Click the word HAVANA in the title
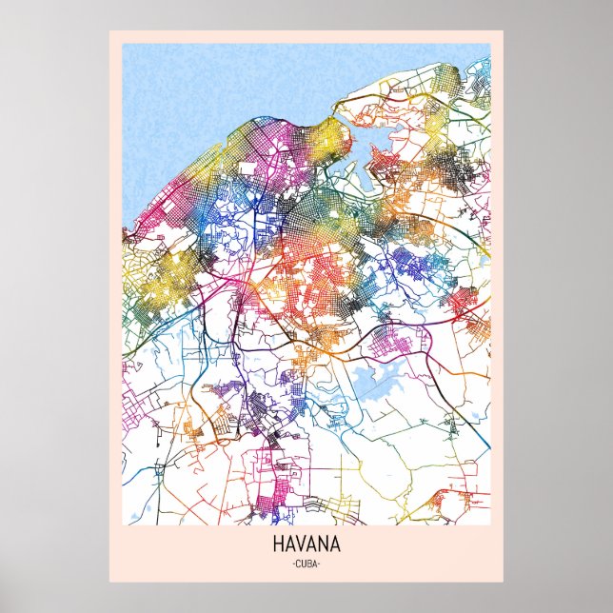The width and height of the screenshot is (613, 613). pos(306,547)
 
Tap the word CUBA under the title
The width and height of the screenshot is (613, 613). pos(306,565)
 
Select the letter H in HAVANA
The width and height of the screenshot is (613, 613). pos(278,547)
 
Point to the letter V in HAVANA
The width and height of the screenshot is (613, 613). pos(301,547)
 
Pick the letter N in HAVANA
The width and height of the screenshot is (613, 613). pos(324,547)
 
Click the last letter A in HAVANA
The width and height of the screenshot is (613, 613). pos(336,547)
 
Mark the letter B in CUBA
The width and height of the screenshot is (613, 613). pos(310,565)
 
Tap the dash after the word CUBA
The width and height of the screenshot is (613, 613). pos(322,565)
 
